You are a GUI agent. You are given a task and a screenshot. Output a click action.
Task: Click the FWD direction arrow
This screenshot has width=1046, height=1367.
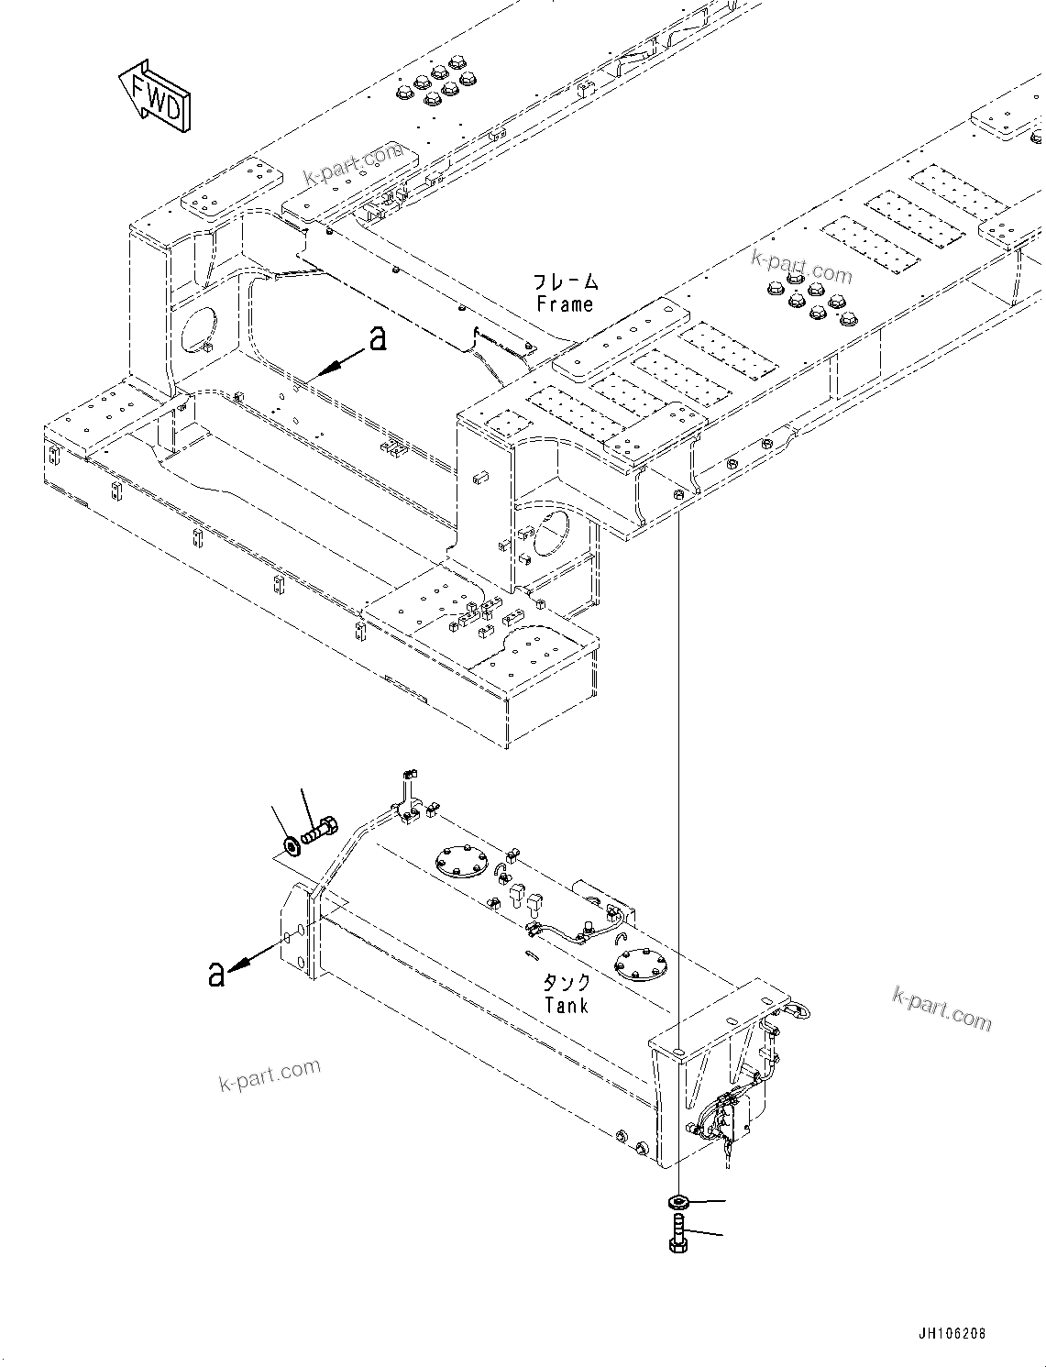pos(155,97)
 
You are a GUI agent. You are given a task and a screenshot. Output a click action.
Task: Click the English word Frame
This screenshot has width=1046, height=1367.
pos(565,304)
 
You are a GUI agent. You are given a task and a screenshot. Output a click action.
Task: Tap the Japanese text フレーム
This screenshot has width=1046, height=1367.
pos(566,281)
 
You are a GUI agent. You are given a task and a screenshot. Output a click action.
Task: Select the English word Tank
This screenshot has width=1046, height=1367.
pos(566,1006)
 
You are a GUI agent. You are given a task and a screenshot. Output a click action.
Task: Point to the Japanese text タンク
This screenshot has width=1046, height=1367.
pos(567,983)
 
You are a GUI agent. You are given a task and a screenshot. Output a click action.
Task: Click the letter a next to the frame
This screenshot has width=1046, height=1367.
pos(377,340)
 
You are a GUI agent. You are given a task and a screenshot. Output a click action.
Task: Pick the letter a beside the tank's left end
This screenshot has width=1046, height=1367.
pos(216,974)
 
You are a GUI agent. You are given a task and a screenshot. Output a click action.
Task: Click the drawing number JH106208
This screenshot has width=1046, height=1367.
pos(949,1334)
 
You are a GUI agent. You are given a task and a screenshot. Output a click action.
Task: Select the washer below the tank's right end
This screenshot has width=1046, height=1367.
pos(678,1201)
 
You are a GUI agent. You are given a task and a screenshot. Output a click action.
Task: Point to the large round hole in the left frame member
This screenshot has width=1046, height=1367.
pos(199,327)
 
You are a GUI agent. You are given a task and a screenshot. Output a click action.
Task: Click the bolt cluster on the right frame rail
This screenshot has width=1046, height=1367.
pos(812,297)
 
